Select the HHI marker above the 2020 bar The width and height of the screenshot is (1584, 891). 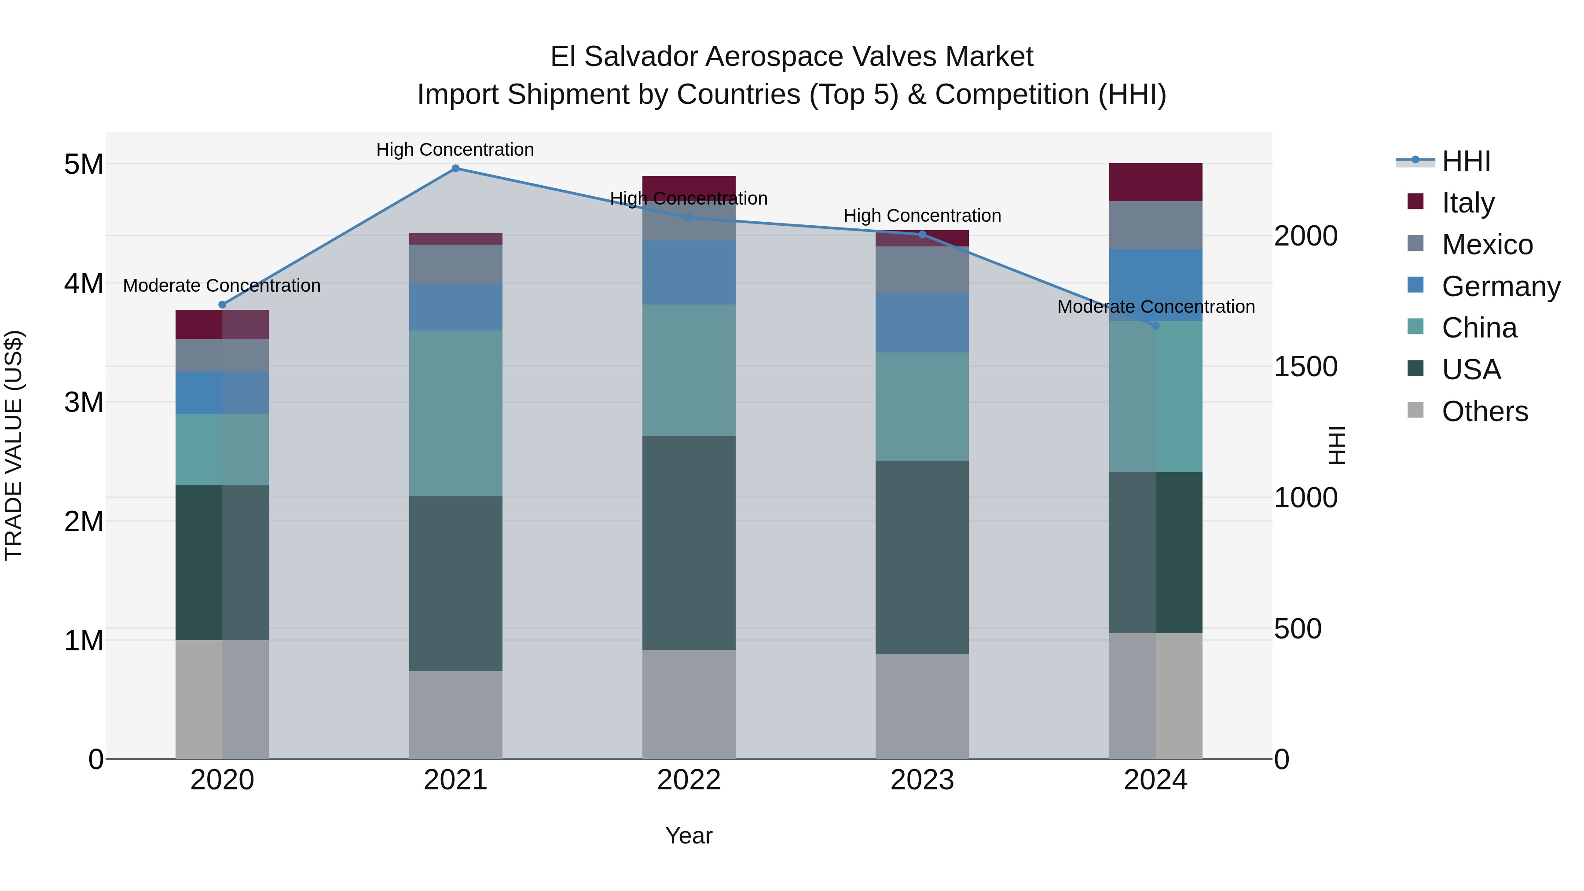coord(223,305)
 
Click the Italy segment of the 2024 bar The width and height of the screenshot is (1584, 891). coord(1155,183)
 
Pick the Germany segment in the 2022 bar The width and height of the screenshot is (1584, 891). coord(689,272)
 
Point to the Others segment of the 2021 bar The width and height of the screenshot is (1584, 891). coord(456,715)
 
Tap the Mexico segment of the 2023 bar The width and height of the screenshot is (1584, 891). coord(922,269)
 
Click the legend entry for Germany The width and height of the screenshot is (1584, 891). coord(1500,286)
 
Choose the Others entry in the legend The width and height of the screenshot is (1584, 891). coord(1485,411)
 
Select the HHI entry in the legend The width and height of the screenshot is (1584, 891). coord(1466,161)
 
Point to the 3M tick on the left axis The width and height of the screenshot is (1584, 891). coord(84,403)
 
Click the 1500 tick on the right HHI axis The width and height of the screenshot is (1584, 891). coord(1305,367)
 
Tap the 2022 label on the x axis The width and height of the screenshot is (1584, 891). coord(689,780)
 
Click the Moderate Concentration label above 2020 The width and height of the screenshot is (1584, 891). coord(222,286)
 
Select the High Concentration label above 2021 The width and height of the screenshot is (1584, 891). coord(455,150)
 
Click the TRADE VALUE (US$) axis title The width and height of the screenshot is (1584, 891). coord(14,445)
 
